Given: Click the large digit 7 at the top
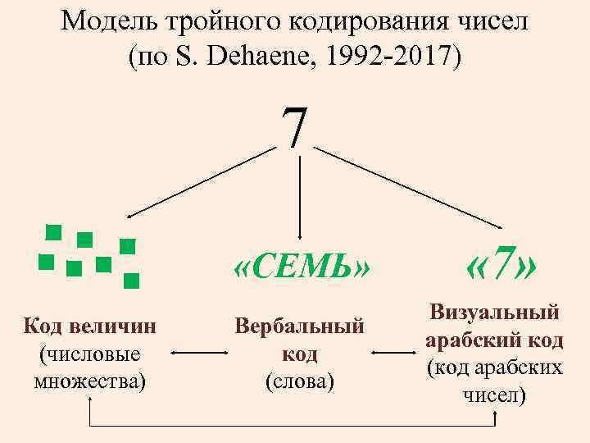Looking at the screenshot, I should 295,129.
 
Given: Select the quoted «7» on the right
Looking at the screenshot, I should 501,264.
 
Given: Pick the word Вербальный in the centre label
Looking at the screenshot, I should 299,326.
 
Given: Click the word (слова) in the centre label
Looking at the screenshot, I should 300,381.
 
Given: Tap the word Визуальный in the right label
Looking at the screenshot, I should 494,312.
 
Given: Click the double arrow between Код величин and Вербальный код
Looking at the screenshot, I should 200,354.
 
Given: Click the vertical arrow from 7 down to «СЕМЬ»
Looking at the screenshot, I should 301,197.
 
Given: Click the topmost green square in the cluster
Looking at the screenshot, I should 54,232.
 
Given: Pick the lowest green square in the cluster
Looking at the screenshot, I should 131,281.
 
